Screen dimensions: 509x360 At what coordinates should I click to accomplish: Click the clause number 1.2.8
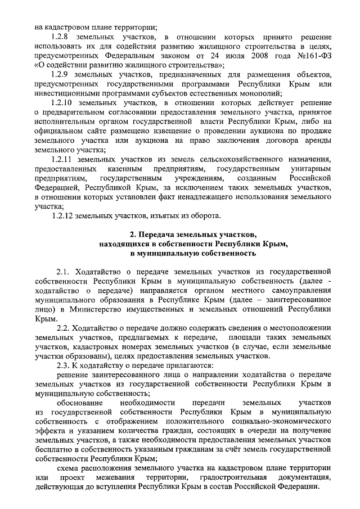point(60,37)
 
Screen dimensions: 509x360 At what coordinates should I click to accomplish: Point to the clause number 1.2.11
point(62,159)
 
